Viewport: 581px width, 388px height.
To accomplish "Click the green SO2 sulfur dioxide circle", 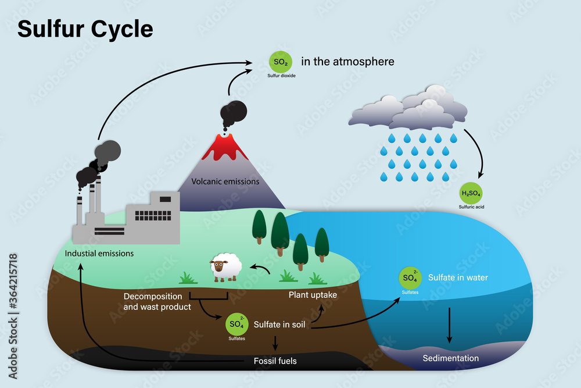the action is pos(281,62).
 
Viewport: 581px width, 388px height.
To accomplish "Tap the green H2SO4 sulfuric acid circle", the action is pos(471,193).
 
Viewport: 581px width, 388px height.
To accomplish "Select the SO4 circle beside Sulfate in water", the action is pos(410,278).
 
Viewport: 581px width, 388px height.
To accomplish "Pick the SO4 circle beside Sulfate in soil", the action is pos(237,324).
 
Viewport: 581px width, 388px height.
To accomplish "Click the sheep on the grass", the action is pos(225,267).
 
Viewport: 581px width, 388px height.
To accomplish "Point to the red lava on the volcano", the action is pos(224,147).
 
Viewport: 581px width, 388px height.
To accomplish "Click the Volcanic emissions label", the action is pos(225,181).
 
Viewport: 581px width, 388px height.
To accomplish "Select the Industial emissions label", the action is pos(99,254).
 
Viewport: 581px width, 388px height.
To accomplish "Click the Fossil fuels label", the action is pos(275,361).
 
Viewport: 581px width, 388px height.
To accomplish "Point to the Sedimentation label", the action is pos(451,358).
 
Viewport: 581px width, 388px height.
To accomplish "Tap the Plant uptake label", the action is pos(313,295).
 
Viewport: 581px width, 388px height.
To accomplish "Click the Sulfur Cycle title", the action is pos(85,29).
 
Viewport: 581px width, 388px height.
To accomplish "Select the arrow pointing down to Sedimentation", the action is pos(450,325).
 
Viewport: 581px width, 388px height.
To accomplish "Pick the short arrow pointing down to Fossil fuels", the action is pos(275,343).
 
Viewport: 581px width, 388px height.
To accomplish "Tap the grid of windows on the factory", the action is pos(153,215).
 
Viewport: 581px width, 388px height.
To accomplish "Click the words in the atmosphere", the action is pos(347,62).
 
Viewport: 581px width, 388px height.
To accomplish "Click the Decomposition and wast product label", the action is pos(157,301).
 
